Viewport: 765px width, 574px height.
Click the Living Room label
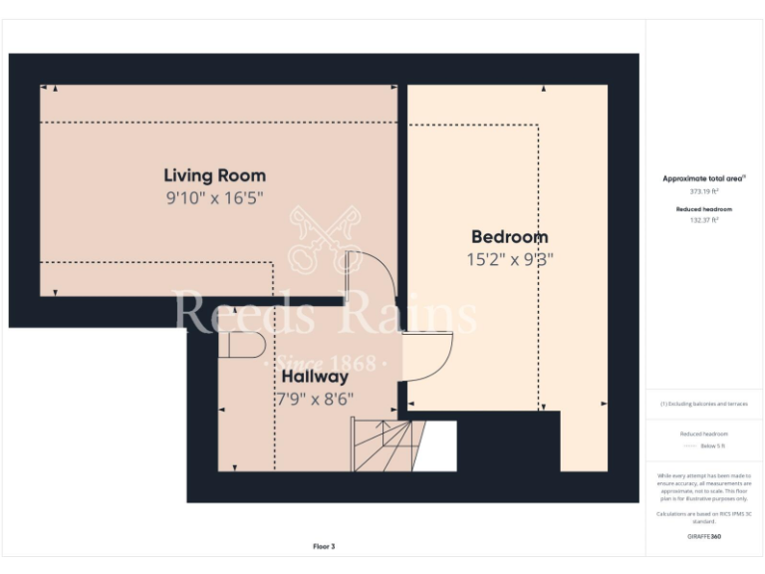(214, 176)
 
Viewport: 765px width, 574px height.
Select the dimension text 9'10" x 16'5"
(214, 198)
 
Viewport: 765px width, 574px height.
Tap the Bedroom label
(509, 237)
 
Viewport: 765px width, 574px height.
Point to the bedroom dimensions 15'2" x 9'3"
(509, 259)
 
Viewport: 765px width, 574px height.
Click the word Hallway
(314, 378)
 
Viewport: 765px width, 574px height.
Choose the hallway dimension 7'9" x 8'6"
(315, 399)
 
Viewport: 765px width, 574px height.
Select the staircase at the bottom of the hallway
(383, 444)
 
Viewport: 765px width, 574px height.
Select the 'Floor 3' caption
(324, 546)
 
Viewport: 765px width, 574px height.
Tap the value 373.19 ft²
(704, 190)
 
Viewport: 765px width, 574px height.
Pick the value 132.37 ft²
(704, 220)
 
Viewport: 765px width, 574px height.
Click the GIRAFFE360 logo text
(704, 537)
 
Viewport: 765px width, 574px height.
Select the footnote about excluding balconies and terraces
(704, 404)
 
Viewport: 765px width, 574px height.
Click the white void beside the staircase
(435, 445)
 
